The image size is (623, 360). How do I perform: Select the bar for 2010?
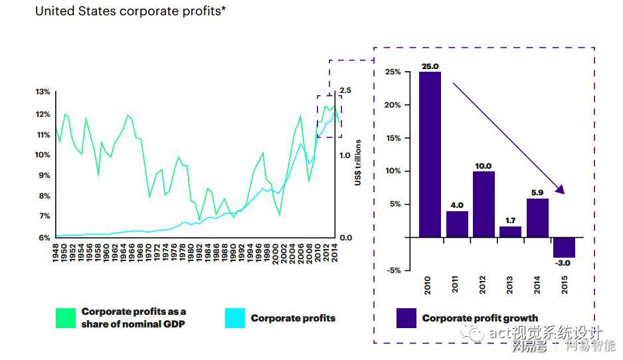(x=430, y=154)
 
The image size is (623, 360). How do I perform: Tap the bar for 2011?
(x=457, y=224)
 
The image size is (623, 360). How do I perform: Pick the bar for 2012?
(x=484, y=204)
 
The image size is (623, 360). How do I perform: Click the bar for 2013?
(x=511, y=232)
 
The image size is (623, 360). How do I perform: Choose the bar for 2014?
(x=537, y=218)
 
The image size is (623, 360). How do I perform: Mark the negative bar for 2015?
(x=564, y=247)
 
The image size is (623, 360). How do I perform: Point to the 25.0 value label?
(x=430, y=66)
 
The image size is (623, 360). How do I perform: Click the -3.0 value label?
(x=564, y=263)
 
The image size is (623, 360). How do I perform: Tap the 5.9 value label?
(x=538, y=193)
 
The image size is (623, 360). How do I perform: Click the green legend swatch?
(x=66, y=317)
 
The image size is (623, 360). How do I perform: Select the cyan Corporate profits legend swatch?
(x=235, y=318)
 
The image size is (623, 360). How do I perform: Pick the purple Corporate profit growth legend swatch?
(x=406, y=318)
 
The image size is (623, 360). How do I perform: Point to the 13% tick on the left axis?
(x=43, y=92)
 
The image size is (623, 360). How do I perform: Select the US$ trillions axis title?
(x=358, y=162)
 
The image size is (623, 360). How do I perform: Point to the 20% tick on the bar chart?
(x=393, y=105)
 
